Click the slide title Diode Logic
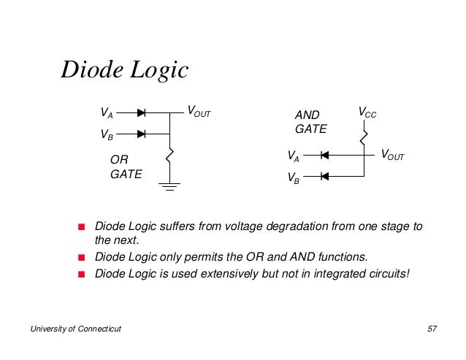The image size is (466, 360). click(x=124, y=70)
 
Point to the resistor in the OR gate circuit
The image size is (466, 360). click(x=169, y=156)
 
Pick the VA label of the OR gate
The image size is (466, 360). click(x=107, y=114)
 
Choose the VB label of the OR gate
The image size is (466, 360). click(x=107, y=135)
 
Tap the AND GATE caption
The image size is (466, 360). click(x=310, y=122)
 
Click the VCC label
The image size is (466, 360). click(x=367, y=112)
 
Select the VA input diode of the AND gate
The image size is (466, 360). click(x=324, y=155)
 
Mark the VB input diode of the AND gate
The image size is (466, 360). click(x=324, y=175)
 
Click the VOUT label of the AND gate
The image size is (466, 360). click(x=392, y=155)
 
